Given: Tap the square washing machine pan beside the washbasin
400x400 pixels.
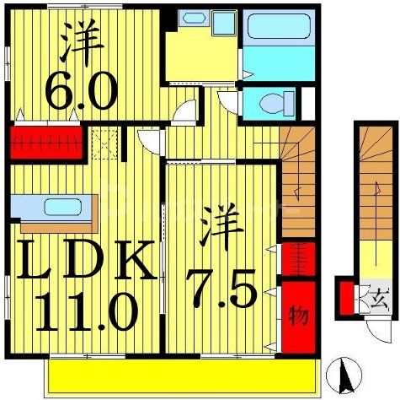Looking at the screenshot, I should click(224, 20).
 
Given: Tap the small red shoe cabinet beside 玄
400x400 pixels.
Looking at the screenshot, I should click(346, 298).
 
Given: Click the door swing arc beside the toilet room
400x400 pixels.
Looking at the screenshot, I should click(227, 102).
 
